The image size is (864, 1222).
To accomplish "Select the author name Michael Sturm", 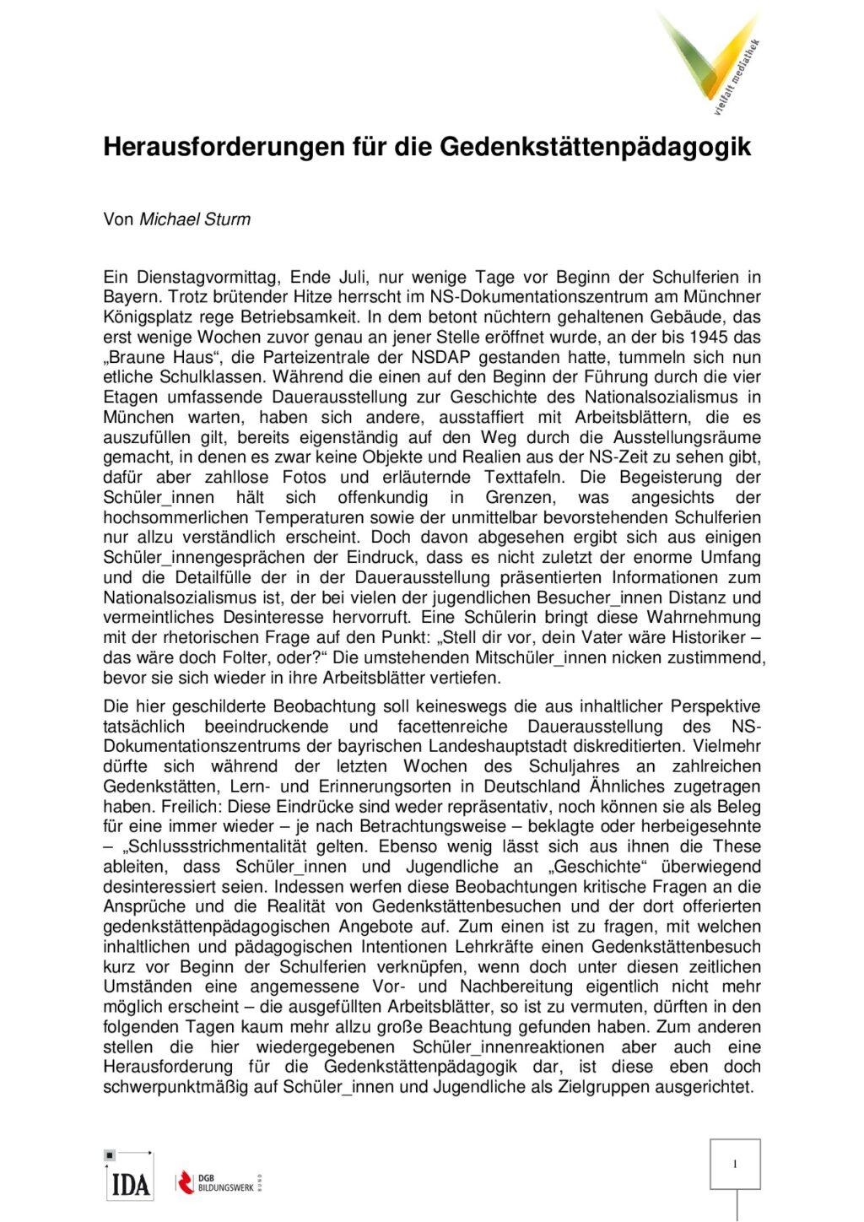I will coord(194,219).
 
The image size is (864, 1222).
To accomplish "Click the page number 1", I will coord(735,1165).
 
